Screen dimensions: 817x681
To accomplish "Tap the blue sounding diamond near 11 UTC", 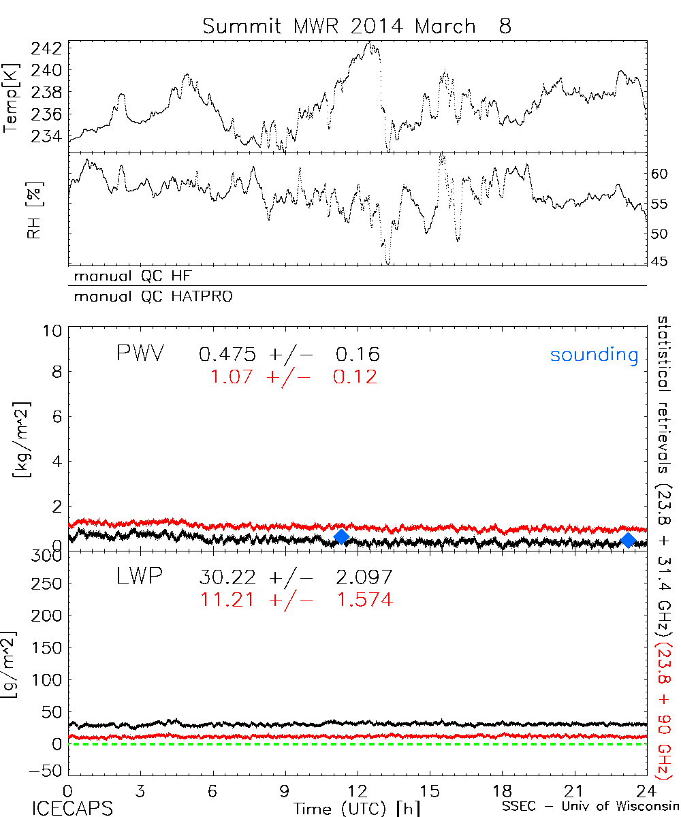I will coord(341,537).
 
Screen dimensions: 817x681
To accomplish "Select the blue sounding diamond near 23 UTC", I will coord(629,540).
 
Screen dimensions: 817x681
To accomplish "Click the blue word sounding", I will coord(594,355).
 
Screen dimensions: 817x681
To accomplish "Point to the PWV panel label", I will coord(140,354).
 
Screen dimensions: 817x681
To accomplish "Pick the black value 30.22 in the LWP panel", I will coord(228,577).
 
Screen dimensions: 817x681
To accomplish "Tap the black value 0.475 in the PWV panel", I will coord(228,355).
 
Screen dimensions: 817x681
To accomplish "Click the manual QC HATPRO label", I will coord(148,297).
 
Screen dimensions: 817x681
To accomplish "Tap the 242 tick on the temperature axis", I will coord(47,48).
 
